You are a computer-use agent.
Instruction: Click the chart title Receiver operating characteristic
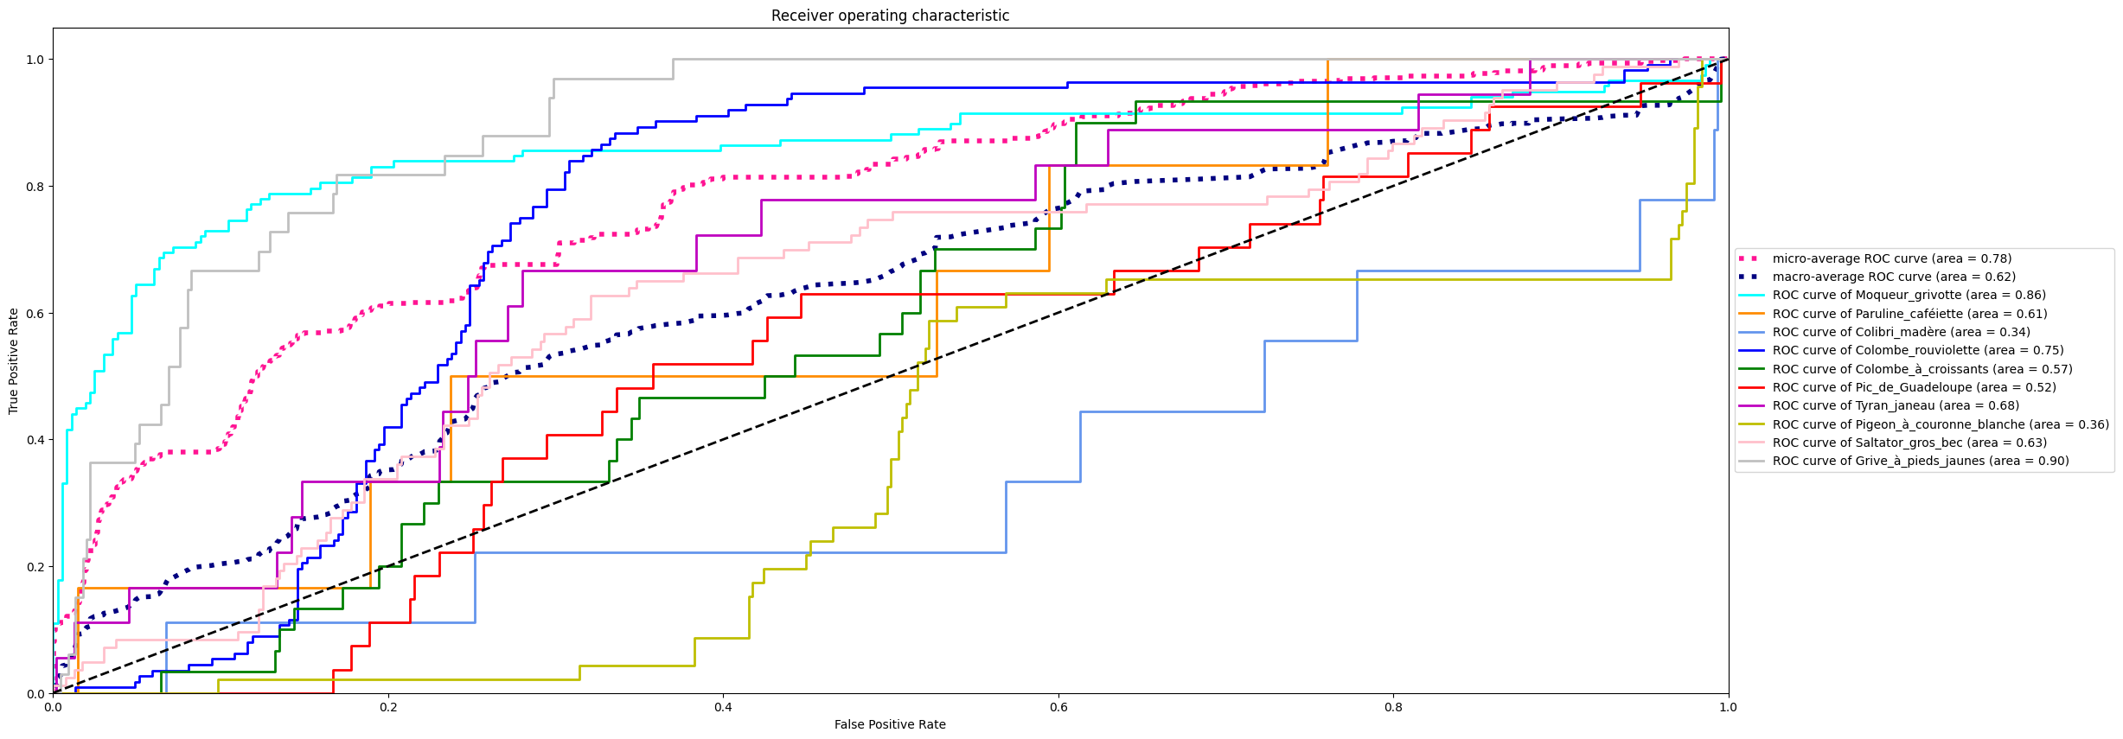tap(890, 16)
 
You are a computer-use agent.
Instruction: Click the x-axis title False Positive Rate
tap(890, 724)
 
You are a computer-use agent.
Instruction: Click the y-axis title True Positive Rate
tap(14, 361)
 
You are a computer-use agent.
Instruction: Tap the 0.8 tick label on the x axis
tap(1393, 707)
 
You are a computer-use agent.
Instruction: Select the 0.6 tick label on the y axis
tap(35, 313)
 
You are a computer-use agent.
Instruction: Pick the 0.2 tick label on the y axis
tap(35, 567)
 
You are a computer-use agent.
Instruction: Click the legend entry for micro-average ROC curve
tap(1891, 258)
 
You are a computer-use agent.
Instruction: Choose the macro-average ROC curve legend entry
tap(1893, 277)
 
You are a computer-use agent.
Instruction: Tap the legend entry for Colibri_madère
tap(1901, 332)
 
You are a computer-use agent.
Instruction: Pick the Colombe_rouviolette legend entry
tap(1917, 350)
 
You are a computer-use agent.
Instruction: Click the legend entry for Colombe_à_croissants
tap(1922, 369)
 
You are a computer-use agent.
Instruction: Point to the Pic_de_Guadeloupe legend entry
tap(1914, 387)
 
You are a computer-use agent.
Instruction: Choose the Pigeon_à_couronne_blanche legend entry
tap(1940, 424)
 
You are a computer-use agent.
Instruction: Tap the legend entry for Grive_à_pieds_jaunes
tap(1920, 461)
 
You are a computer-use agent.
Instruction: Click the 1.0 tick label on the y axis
tap(35, 60)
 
